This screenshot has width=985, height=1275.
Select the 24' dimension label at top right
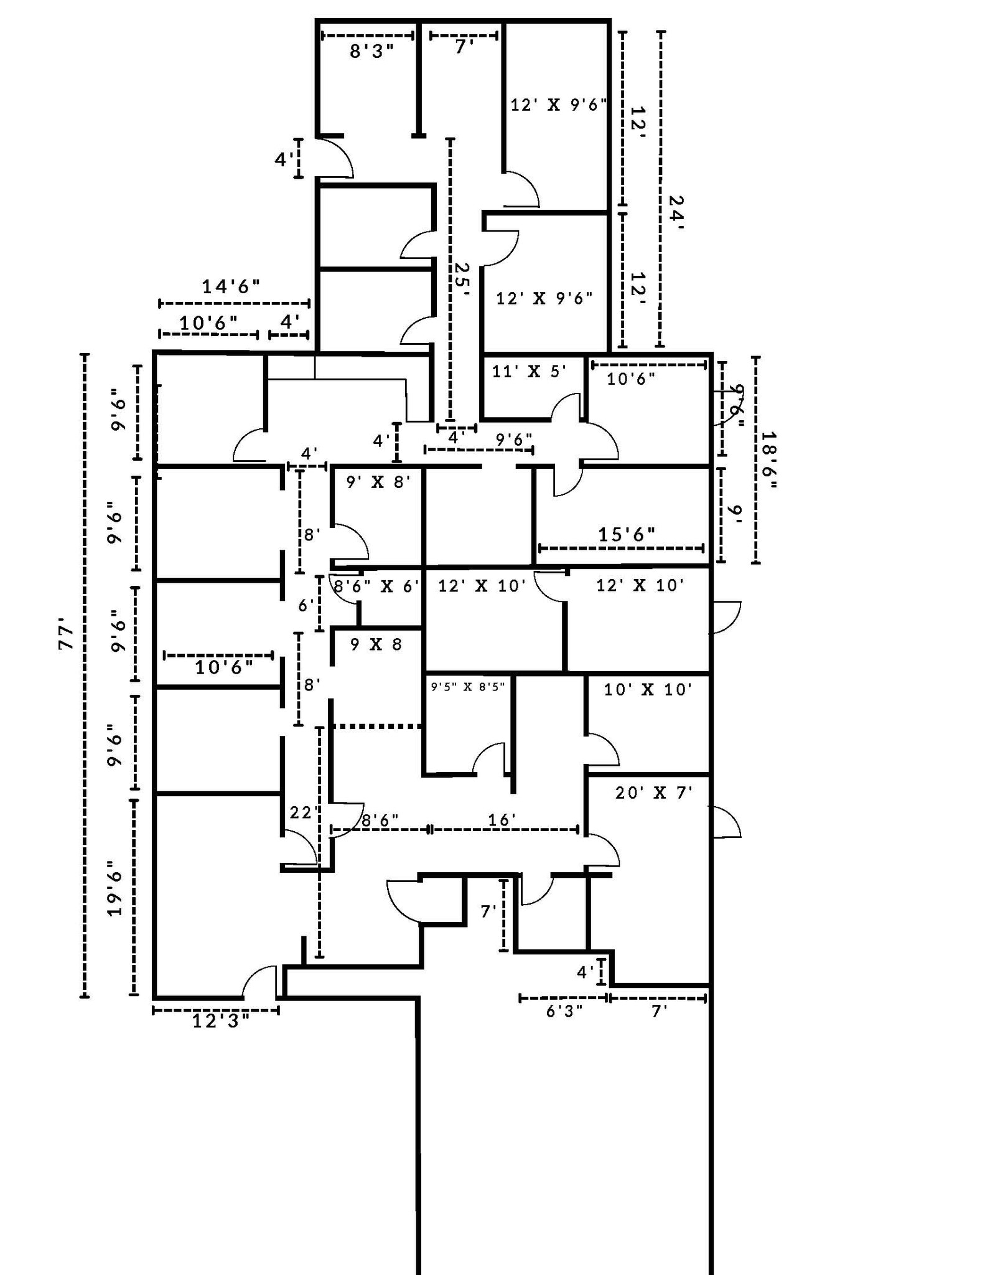(x=676, y=213)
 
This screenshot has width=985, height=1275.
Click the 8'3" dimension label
(x=371, y=52)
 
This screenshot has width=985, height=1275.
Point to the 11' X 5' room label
(x=529, y=372)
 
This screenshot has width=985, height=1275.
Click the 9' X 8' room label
(x=378, y=482)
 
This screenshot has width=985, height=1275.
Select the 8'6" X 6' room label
(x=377, y=586)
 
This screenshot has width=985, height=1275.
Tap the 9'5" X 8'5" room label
(x=467, y=687)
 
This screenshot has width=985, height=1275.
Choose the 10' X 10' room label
(x=648, y=690)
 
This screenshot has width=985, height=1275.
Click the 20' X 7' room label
(x=653, y=793)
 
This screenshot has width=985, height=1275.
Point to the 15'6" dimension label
(x=627, y=534)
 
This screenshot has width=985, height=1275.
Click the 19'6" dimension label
(x=113, y=888)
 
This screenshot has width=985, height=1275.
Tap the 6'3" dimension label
(x=564, y=1012)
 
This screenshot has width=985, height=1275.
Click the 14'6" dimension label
(x=230, y=287)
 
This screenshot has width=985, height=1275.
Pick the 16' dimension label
(x=502, y=820)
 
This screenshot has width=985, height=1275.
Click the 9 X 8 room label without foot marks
(x=376, y=645)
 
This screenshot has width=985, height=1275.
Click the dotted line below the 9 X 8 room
(x=377, y=727)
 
